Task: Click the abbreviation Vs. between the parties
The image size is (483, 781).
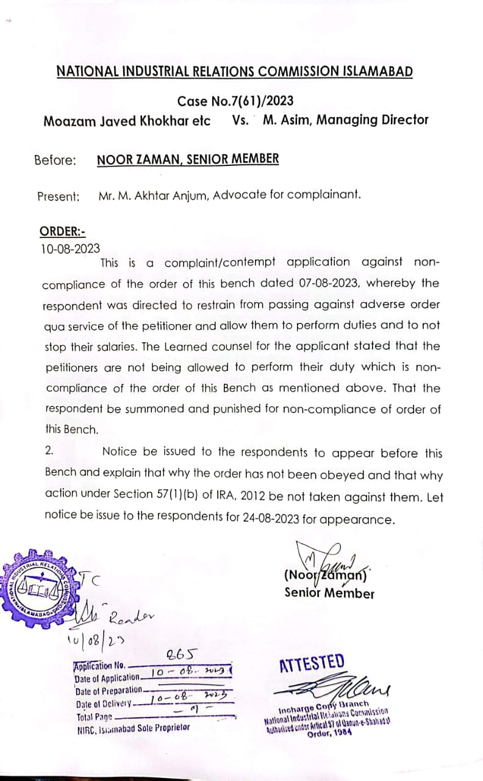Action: coord(241,120)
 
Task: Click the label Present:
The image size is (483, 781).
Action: coord(59,196)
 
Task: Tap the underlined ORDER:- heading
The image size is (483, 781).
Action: coord(63,231)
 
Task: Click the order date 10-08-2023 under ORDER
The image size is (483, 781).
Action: coord(70,248)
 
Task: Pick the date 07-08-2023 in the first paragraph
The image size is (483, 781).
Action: coord(337,283)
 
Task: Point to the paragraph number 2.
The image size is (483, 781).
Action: coord(50,451)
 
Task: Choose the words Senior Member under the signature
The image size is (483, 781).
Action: coord(329,592)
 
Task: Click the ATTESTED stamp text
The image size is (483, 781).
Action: coord(312,663)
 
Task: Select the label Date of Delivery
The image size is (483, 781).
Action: coord(102,703)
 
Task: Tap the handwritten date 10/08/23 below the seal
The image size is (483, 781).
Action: coord(91,640)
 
